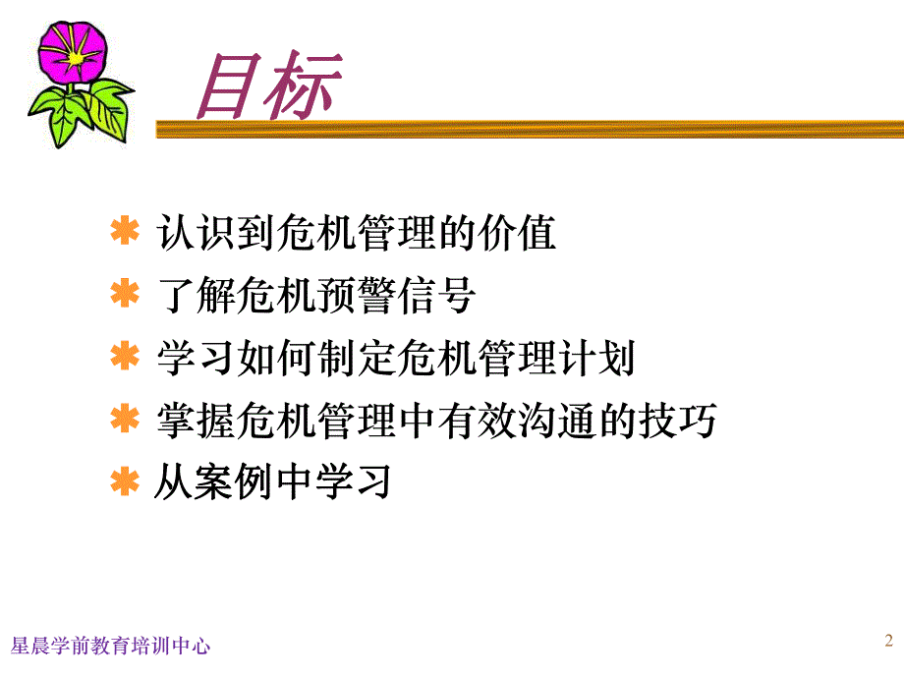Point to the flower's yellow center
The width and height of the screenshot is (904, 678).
pyautogui.click(x=76, y=58)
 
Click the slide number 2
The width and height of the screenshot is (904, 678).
pyautogui.click(x=888, y=642)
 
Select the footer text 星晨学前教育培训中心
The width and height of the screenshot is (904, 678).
pyautogui.click(x=109, y=646)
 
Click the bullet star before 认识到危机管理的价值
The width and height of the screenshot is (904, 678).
pyautogui.click(x=125, y=235)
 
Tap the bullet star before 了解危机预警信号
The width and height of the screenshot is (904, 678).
pyautogui.click(x=125, y=296)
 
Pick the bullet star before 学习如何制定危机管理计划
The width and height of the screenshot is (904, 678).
pyautogui.click(x=125, y=359)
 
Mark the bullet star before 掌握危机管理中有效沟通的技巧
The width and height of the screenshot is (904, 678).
pyautogui.click(x=125, y=421)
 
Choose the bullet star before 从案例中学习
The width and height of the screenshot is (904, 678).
pyautogui.click(x=125, y=482)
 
